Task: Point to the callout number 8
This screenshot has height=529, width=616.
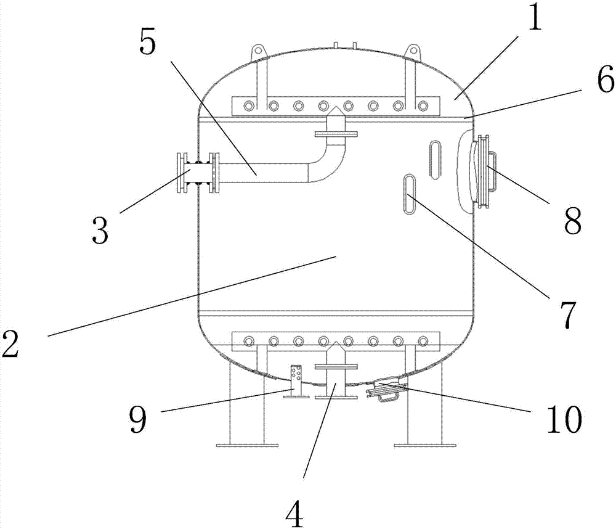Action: point(572,219)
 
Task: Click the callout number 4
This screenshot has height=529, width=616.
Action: point(295,513)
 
